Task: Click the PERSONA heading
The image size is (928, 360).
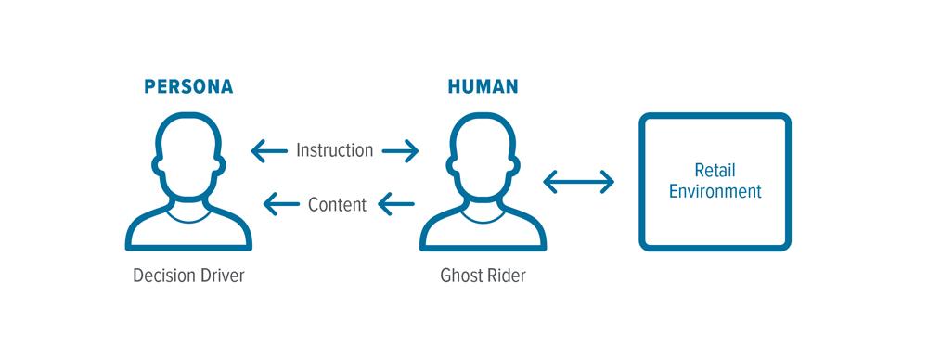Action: (x=188, y=88)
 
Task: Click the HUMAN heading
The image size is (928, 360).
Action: (x=483, y=88)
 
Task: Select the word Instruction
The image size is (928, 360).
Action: (x=335, y=149)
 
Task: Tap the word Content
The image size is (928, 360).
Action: (x=338, y=205)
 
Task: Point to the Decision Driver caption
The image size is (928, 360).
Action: (x=188, y=276)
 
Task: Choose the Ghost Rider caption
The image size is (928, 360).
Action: (x=483, y=276)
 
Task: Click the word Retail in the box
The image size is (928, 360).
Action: (x=715, y=172)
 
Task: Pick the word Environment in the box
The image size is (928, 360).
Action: (x=715, y=192)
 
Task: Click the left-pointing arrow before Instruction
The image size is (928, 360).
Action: (x=269, y=149)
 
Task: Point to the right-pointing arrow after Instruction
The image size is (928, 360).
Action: (x=400, y=149)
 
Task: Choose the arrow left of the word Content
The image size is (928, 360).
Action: (x=281, y=204)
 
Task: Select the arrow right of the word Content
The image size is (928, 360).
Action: (x=396, y=204)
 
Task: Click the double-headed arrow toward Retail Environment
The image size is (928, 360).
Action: (x=579, y=182)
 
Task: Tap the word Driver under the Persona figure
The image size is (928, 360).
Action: (x=222, y=276)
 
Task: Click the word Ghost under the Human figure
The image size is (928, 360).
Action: (x=460, y=276)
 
